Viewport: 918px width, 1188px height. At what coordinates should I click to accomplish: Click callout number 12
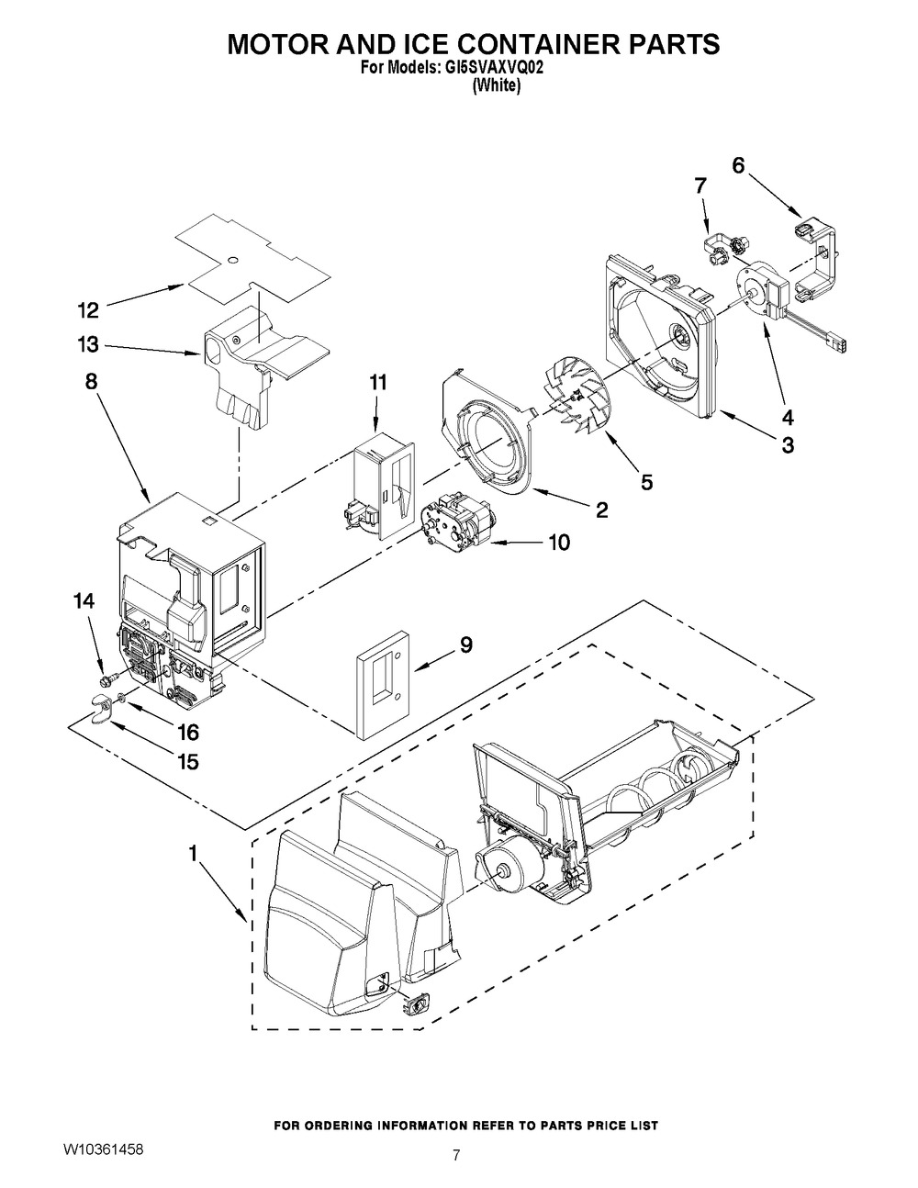click(87, 310)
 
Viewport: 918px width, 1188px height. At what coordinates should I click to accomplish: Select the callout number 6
click(738, 165)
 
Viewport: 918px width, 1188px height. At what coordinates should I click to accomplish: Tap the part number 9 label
click(465, 645)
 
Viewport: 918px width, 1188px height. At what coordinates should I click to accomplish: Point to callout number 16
click(188, 732)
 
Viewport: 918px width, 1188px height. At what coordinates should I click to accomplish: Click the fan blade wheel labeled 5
click(576, 399)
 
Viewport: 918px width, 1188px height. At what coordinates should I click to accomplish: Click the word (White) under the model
click(497, 84)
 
